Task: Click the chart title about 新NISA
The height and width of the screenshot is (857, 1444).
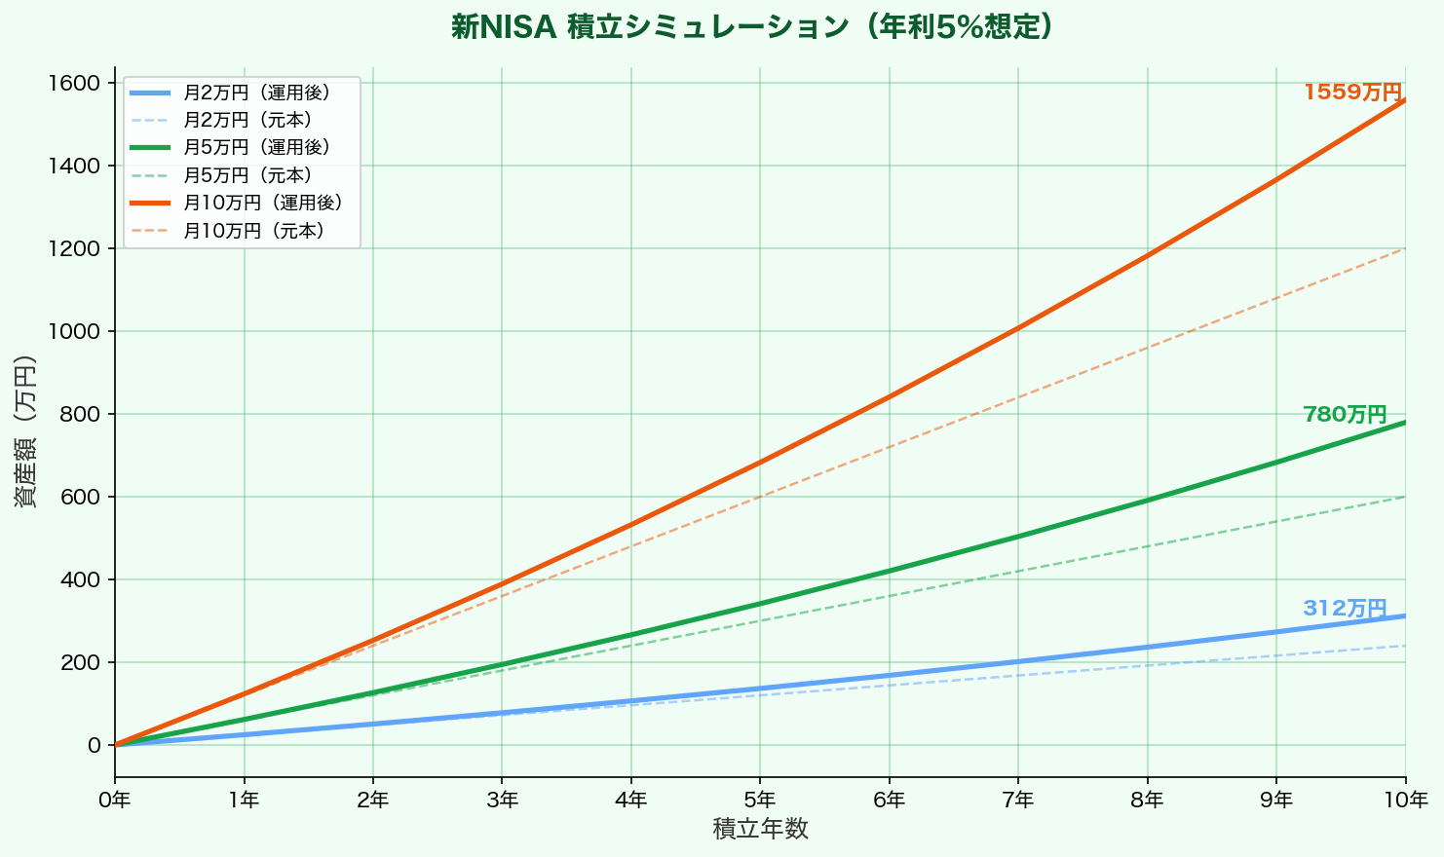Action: point(751,27)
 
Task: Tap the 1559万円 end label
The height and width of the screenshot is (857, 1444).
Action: point(1352,93)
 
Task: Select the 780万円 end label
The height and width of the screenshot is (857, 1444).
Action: point(1345,415)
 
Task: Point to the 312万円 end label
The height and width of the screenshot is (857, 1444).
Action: point(1345,609)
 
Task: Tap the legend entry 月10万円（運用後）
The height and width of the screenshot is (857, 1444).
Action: point(263,204)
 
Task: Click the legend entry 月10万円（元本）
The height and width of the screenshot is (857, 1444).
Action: point(253,232)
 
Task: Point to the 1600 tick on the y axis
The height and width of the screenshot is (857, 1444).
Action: point(74,83)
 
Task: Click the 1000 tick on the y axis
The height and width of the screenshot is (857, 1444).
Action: point(74,331)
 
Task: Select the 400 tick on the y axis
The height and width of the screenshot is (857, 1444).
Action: point(80,579)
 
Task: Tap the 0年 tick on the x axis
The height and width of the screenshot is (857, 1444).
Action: point(115,801)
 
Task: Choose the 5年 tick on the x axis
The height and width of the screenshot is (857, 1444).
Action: point(760,801)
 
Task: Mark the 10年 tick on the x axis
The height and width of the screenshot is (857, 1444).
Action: point(1405,801)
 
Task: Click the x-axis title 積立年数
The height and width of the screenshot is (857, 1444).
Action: point(760,830)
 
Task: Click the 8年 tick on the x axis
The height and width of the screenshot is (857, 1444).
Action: point(1147,801)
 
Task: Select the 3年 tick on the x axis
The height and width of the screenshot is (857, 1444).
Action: point(502,801)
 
